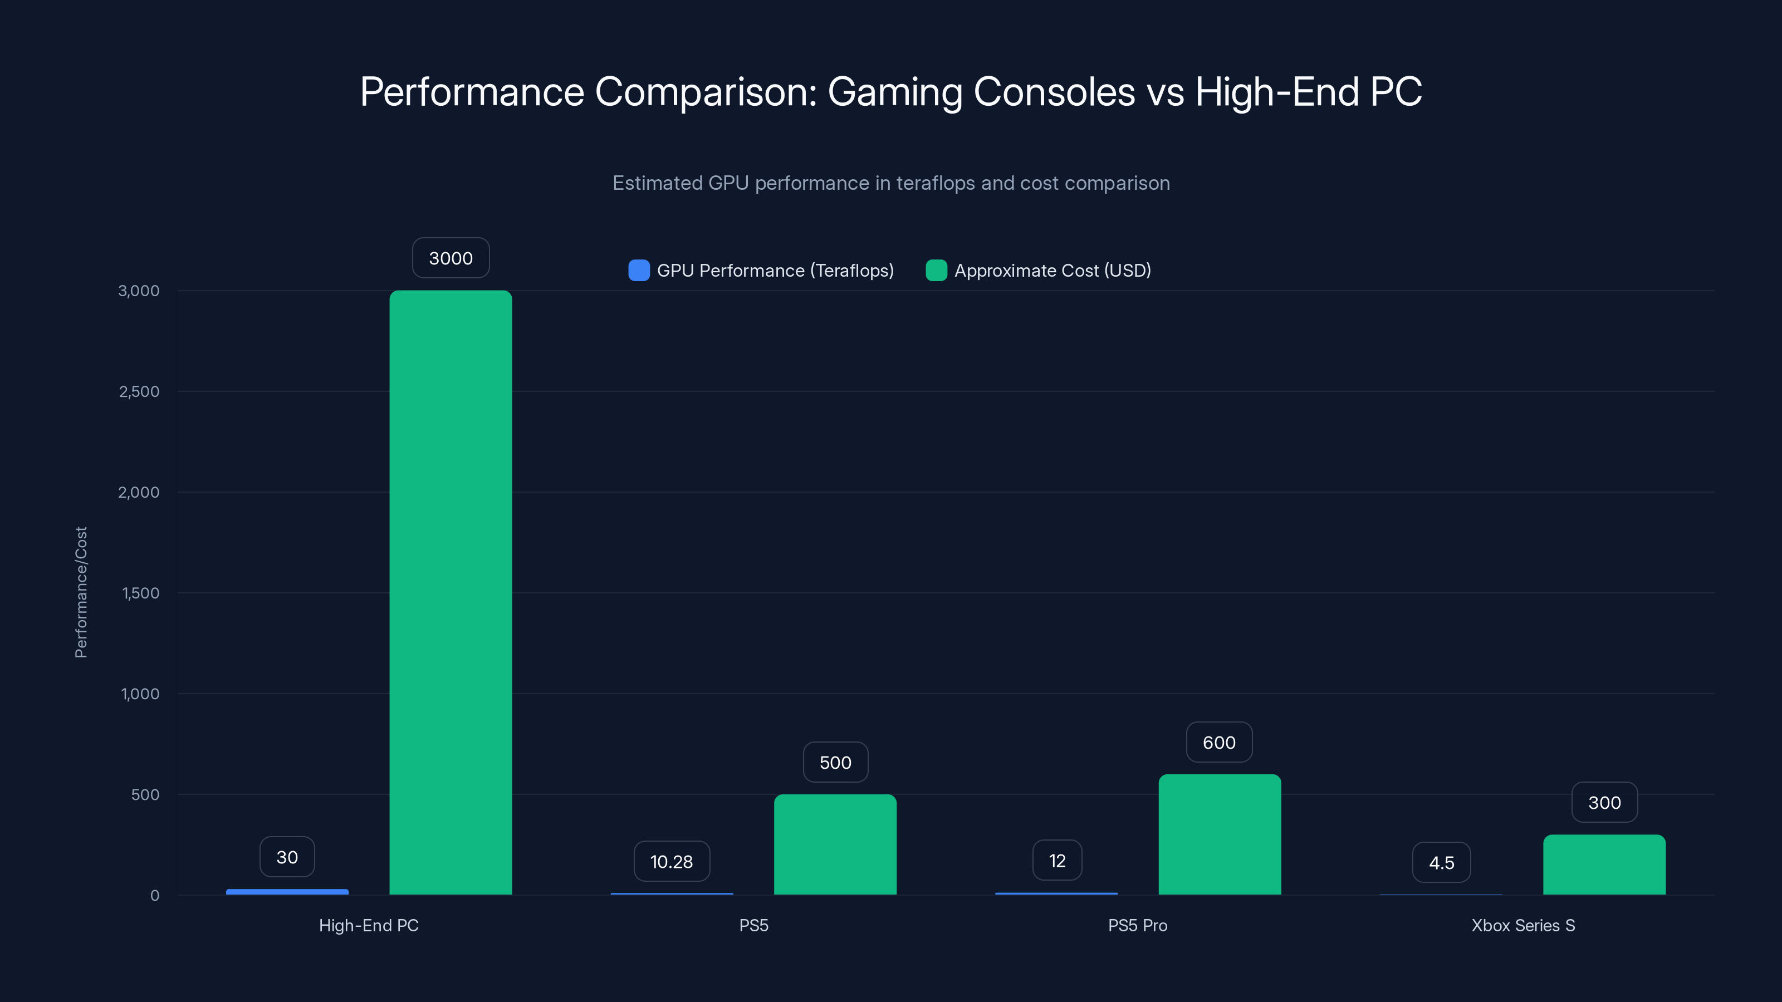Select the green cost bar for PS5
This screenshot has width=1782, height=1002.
tap(835, 844)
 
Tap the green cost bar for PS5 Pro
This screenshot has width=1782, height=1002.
tap(1220, 834)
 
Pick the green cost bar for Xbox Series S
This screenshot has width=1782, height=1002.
tap(1604, 865)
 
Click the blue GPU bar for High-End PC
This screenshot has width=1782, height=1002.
tap(287, 891)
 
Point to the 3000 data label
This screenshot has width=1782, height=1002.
tap(451, 258)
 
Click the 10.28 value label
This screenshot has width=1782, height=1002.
tap(671, 862)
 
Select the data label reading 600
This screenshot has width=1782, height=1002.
tap(1219, 743)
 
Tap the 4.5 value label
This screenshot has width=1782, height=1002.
tap(1441, 862)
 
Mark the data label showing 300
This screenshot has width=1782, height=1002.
tap(1604, 802)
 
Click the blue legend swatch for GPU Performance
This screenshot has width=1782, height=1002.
tap(639, 271)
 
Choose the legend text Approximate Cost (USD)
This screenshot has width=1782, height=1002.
tap(1052, 271)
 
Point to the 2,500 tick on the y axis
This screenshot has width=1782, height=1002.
tap(139, 391)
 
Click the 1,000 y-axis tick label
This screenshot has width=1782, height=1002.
tap(140, 694)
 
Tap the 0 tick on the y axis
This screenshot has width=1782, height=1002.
tap(155, 896)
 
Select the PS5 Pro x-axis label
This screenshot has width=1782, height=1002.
tap(1137, 925)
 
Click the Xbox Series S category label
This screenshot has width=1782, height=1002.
tap(1522, 925)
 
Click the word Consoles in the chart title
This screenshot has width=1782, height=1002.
tap(1054, 91)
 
